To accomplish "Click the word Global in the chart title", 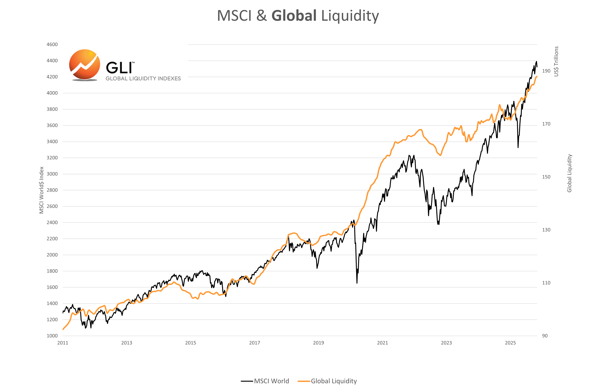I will pyautogui.click(x=294, y=16).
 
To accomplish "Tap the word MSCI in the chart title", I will pyautogui.click(x=234, y=16).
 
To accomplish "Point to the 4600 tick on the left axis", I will pyautogui.click(x=52, y=44).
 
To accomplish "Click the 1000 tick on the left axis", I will pyautogui.click(x=52, y=336).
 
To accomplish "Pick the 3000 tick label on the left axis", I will pyautogui.click(x=52, y=174).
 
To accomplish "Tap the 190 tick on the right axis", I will pyautogui.click(x=546, y=71).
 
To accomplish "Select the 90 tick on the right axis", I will pyautogui.click(x=545, y=336).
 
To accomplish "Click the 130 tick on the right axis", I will pyautogui.click(x=546, y=230).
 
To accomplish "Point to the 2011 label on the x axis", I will pyautogui.click(x=63, y=343).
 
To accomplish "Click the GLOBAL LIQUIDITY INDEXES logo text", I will pyautogui.click(x=143, y=78).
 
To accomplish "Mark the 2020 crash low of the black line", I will pyautogui.click(x=357, y=283).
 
